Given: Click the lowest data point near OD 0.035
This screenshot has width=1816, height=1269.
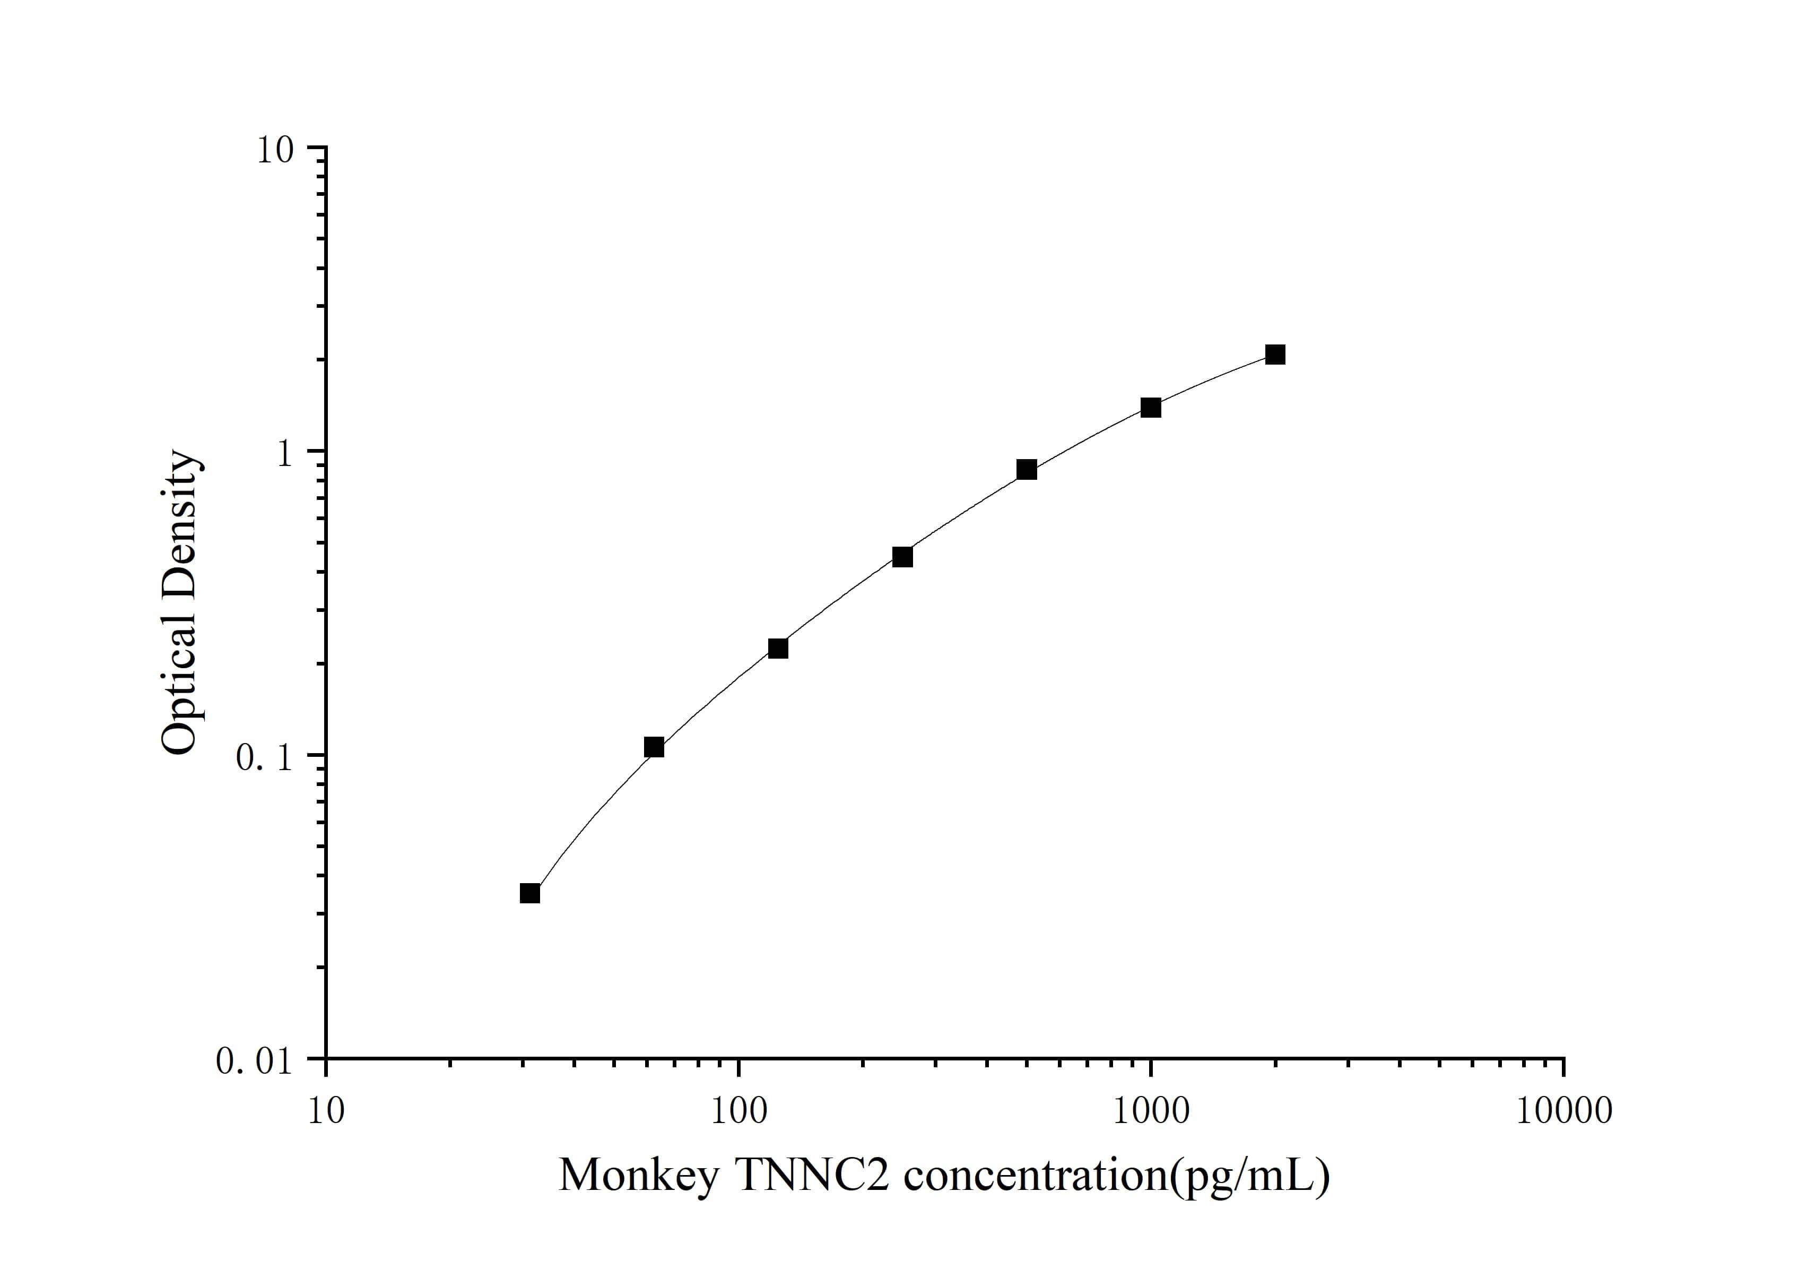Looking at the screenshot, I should [530, 893].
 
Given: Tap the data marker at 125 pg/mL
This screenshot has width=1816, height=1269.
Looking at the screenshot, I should [778, 649].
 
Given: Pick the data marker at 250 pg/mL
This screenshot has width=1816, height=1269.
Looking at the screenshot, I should [902, 557].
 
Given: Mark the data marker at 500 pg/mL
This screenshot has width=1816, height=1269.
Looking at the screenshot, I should [1027, 470].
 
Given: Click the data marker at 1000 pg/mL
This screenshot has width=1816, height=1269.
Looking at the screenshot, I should [1151, 408].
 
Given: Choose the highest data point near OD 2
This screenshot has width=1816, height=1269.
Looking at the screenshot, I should [1275, 355].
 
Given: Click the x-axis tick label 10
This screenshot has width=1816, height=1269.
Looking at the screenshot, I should [326, 1111].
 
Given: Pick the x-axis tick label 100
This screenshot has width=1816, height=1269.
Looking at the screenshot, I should [738, 1111].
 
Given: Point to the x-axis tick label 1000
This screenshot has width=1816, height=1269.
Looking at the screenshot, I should [1151, 1111].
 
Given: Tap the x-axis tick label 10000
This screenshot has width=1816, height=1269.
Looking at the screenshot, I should [1563, 1111].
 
